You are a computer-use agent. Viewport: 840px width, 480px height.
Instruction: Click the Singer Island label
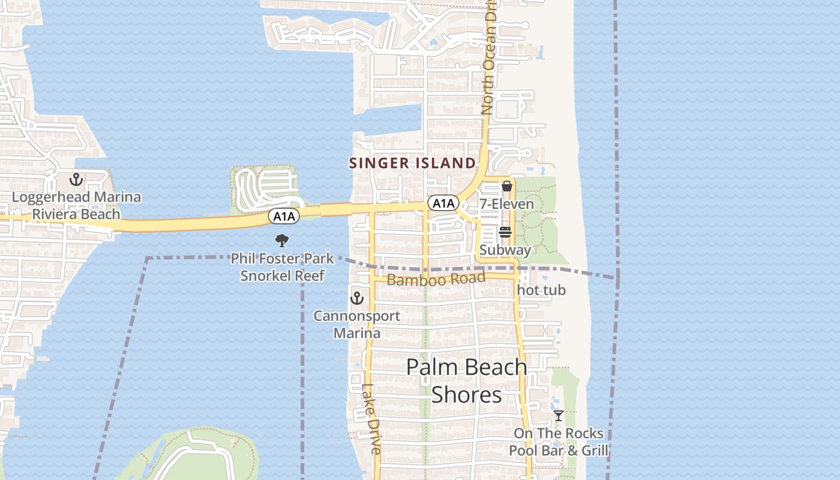(x=412, y=163)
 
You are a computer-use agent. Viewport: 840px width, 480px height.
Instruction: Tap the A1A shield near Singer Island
(x=443, y=203)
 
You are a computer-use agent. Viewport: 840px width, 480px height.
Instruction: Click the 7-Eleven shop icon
(x=506, y=186)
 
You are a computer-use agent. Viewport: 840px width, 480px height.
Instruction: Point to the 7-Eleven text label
(x=506, y=204)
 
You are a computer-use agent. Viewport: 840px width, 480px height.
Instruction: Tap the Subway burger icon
(x=505, y=232)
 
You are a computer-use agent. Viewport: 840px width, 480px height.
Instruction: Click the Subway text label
(x=505, y=250)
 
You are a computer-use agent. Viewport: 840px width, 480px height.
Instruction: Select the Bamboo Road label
(x=436, y=279)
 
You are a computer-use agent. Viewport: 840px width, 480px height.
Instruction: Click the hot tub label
(x=541, y=290)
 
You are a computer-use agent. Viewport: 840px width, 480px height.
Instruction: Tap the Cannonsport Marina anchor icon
(x=357, y=298)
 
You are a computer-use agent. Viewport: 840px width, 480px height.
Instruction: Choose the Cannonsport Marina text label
(x=357, y=324)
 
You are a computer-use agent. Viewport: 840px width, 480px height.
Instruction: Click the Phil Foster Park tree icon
(x=282, y=241)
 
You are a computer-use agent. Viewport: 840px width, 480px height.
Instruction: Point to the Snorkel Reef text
(x=282, y=275)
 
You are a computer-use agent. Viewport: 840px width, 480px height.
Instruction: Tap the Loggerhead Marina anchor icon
(x=76, y=179)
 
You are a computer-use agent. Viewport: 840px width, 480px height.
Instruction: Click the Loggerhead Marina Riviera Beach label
(x=76, y=205)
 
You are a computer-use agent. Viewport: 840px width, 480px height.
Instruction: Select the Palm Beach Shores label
(x=467, y=380)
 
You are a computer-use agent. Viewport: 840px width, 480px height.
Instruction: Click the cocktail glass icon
(x=558, y=416)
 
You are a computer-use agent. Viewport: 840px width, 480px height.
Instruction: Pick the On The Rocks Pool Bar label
(x=559, y=442)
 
